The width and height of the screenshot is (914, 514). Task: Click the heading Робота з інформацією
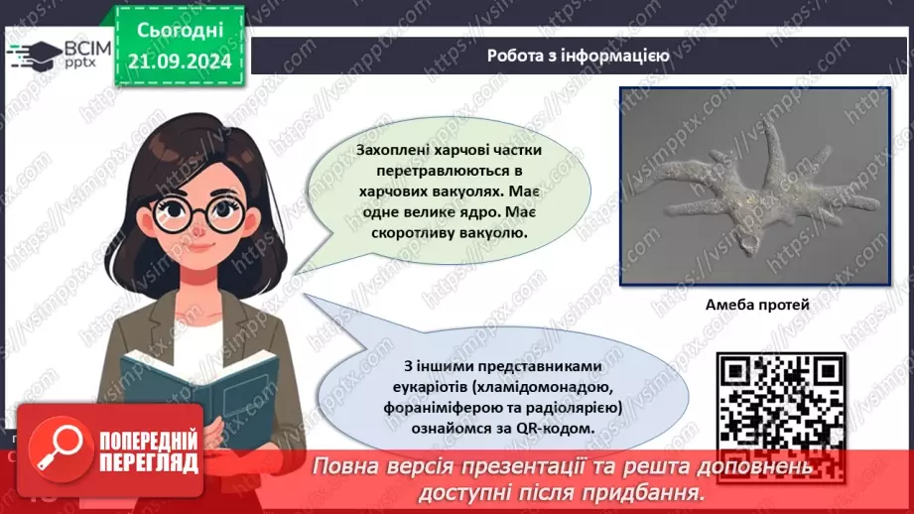coord(578,56)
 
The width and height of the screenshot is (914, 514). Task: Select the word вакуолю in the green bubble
coord(492,233)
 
